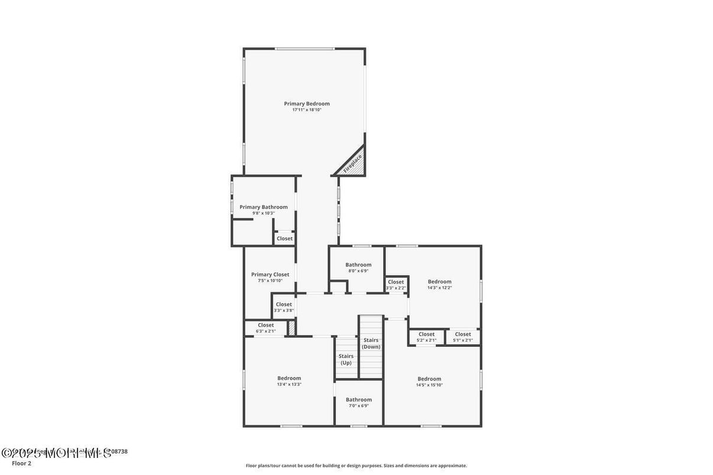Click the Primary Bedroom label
point(306,103)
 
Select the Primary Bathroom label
point(263,207)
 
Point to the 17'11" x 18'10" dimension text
point(306,110)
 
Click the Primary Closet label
point(270,274)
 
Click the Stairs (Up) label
point(346,359)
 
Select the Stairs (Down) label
point(371,343)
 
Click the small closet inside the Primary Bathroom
point(284,239)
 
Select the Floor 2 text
point(21,463)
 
